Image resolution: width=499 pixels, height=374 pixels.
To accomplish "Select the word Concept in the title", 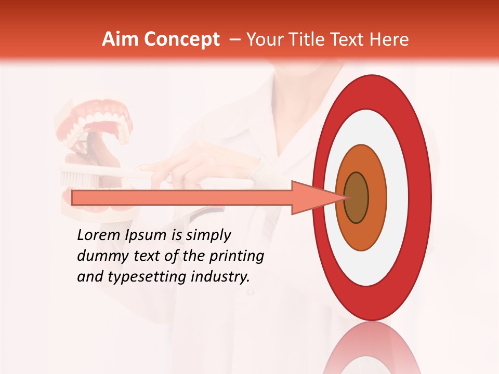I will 181,39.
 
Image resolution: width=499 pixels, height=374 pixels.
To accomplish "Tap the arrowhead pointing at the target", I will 312,197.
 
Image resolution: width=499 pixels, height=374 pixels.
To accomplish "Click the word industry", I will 220,277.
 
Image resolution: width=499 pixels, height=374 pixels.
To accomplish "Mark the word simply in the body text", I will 208,236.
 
